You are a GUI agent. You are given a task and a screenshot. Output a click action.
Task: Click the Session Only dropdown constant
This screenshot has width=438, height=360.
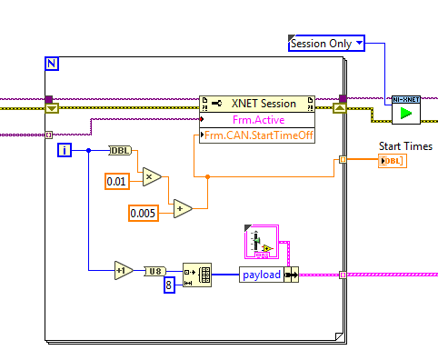point(325,43)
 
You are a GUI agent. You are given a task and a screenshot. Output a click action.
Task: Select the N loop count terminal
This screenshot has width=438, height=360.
point(51,64)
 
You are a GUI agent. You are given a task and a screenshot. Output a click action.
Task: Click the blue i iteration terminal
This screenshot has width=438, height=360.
point(64,150)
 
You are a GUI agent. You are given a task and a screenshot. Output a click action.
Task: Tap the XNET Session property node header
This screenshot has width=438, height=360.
point(256,104)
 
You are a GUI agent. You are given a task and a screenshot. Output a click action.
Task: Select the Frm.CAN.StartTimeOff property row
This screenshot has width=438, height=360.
point(256,135)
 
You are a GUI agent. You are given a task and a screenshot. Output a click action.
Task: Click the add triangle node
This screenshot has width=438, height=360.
point(183,208)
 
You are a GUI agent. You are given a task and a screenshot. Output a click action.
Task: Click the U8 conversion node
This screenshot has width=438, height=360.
point(155,271)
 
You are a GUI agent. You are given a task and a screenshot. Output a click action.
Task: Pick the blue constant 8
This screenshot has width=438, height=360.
point(168,285)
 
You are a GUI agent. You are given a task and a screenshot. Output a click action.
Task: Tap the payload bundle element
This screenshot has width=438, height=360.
point(262,274)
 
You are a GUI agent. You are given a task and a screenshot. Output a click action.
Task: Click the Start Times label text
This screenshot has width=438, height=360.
point(404,146)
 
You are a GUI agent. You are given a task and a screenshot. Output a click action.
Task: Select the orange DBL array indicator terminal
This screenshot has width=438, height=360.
point(393,161)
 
